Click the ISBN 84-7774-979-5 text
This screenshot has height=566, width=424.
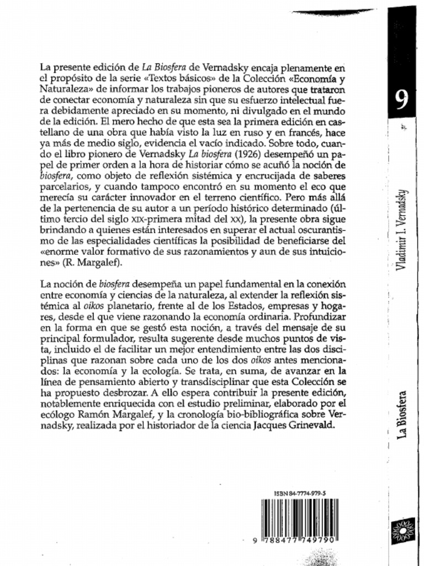click(x=299, y=493)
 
